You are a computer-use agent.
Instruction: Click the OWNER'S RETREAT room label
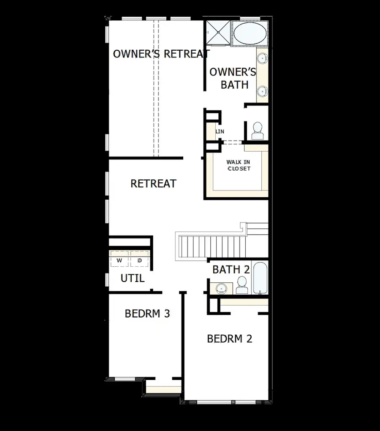(x=161, y=54)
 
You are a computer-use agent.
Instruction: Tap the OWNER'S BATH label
(x=233, y=78)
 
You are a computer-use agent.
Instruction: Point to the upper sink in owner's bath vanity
(x=262, y=58)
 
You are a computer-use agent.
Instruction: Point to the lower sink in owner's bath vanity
(x=262, y=90)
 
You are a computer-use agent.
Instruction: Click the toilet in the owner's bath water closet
(x=257, y=131)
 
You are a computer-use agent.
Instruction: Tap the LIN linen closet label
(x=220, y=132)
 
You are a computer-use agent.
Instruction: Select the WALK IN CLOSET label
(x=238, y=165)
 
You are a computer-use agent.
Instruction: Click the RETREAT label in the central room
(x=153, y=184)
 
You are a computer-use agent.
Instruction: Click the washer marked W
(x=119, y=261)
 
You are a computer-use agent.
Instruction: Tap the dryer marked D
(x=139, y=261)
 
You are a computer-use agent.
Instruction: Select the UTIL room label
(x=133, y=279)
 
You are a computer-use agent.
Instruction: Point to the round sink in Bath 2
(x=221, y=288)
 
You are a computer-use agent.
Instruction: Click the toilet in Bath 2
(x=242, y=285)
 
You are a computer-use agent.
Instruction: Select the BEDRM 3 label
(x=147, y=314)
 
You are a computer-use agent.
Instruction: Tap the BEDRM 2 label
(x=229, y=339)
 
